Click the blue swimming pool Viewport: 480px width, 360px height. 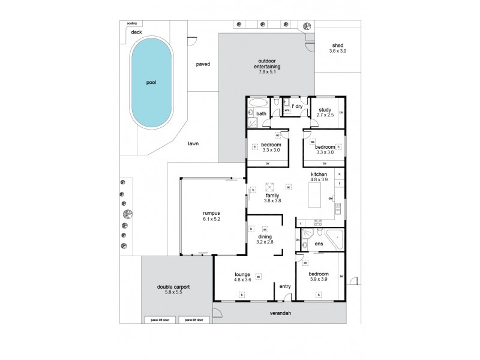[x=151, y=82]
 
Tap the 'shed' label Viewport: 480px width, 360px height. [x=338, y=45]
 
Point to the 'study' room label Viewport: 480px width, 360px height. [x=325, y=110]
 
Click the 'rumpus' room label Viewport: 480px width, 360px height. [x=211, y=213]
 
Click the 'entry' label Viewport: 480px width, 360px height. [x=285, y=286]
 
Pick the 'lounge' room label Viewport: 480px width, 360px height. [x=242, y=275]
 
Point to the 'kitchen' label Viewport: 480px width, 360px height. [x=319, y=174]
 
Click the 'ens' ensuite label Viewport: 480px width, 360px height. [x=319, y=244]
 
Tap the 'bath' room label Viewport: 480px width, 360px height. [x=261, y=113]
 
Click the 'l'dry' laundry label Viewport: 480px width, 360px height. [x=297, y=106]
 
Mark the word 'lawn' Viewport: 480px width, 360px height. [x=193, y=143]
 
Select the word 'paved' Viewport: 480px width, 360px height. [x=202, y=64]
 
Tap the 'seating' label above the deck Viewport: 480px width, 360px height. [x=131, y=23]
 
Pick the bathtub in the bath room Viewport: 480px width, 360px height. [x=259, y=101]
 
